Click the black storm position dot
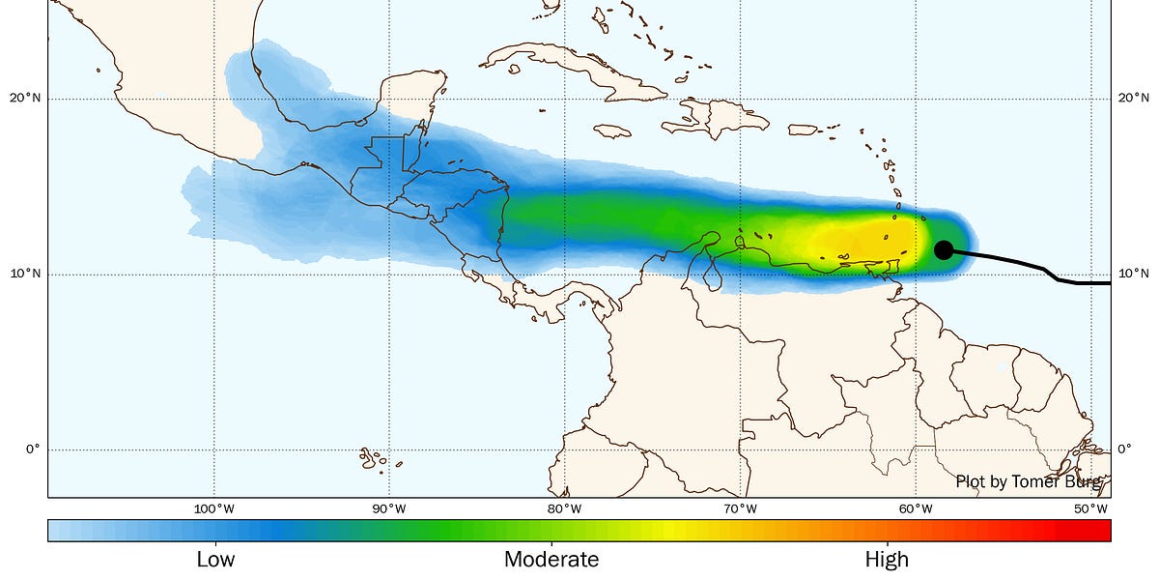[x=944, y=249]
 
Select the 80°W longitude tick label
[x=564, y=508]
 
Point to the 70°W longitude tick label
[x=740, y=508]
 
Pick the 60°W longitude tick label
[x=915, y=508]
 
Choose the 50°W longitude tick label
[x=1090, y=508]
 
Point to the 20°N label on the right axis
[x=1133, y=99]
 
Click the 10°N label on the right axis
[x=1133, y=275]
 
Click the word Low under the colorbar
[x=215, y=559]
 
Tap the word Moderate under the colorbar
[x=551, y=559]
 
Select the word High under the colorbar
[x=887, y=559]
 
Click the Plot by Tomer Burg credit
[x=1028, y=481]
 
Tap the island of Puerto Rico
[x=805, y=130]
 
